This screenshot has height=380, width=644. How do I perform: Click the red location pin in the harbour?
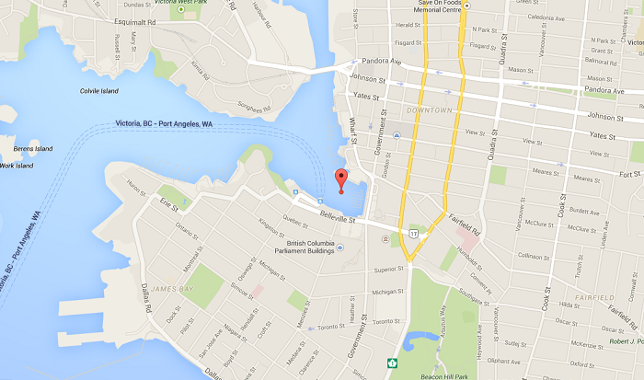[340, 179]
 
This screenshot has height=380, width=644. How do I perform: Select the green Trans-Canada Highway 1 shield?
[394, 363]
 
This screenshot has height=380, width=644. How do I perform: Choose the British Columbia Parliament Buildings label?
[302, 248]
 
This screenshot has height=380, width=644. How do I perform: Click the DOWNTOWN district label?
[429, 110]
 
